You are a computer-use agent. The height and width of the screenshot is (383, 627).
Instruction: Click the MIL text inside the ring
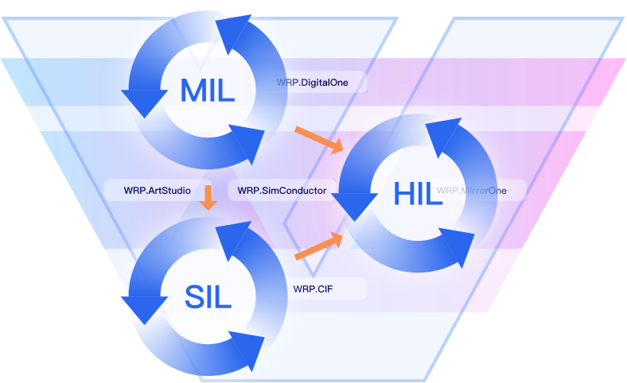[x=208, y=89]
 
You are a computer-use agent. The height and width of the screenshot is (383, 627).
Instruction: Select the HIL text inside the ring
[x=417, y=192]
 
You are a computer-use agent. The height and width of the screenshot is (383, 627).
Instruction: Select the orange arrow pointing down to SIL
[x=208, y=199]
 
